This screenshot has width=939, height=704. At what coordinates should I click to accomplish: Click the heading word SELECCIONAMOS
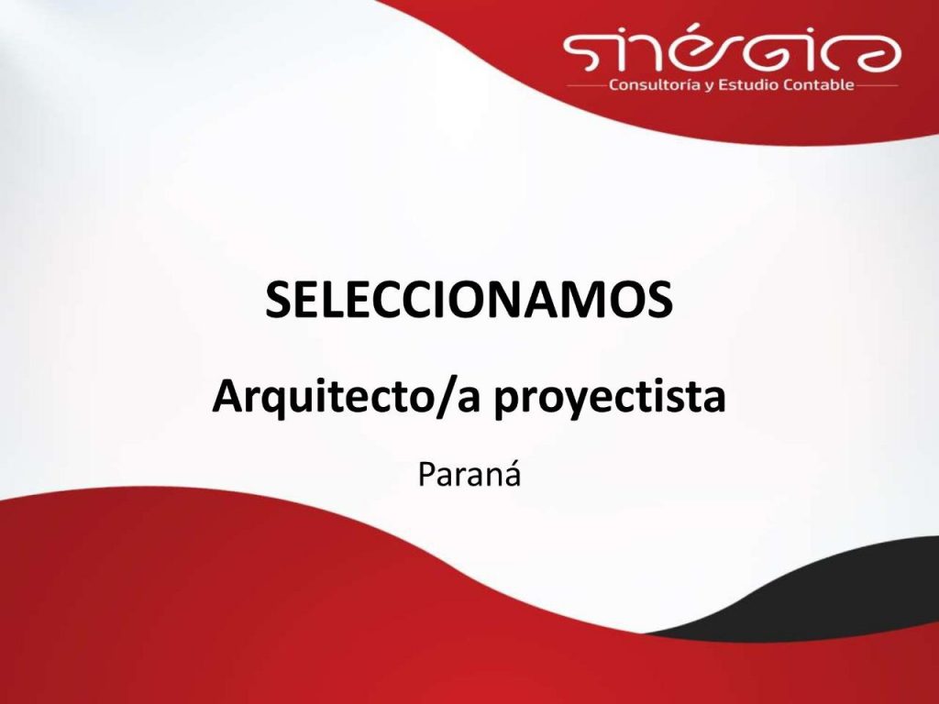click(x=469, y=299)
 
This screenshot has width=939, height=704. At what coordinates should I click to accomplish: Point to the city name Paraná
click(x=469, y=476)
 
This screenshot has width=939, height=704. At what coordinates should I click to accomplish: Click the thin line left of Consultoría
click(x=587, y=85)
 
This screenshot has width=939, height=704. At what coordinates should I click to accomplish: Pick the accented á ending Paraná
click(x=511, y=476)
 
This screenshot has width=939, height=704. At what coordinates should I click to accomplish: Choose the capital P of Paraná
click(x=425, y=476)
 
